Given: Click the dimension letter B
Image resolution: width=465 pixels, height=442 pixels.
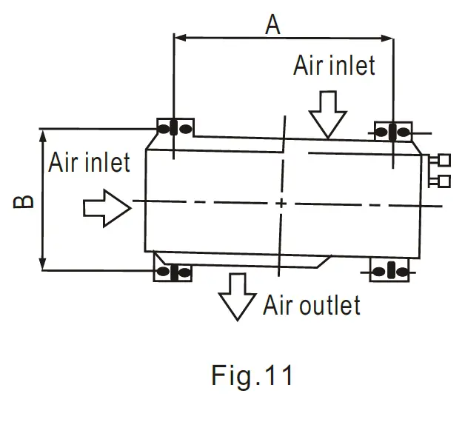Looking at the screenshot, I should point(24,201).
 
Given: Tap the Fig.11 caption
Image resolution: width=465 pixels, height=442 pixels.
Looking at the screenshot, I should point(252,375).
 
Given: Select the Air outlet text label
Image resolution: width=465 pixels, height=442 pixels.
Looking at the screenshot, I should point(311,305).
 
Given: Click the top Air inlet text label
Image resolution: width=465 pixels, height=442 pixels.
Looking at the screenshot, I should point(334,65).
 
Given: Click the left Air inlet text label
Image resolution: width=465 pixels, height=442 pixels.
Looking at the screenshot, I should point(89,162).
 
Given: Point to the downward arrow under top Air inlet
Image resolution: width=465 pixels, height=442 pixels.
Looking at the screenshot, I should point(327,115).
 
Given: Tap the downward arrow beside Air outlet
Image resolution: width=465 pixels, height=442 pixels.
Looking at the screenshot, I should point(237,295).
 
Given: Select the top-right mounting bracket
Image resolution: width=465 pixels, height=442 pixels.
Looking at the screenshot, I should point(392,132).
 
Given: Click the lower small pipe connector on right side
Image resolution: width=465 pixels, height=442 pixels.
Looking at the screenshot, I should point(444,180).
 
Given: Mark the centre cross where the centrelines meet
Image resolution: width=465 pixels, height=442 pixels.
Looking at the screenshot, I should point(281,202).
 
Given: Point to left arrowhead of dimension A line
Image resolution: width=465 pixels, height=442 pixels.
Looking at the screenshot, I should point(179,36).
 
